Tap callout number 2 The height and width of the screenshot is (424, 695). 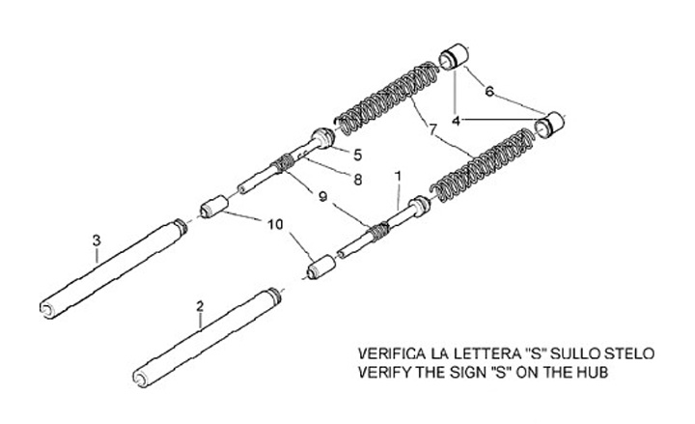coord(200,307)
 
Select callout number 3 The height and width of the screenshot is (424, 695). coord(96,238)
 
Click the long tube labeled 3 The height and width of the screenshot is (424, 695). coord(106,269)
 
